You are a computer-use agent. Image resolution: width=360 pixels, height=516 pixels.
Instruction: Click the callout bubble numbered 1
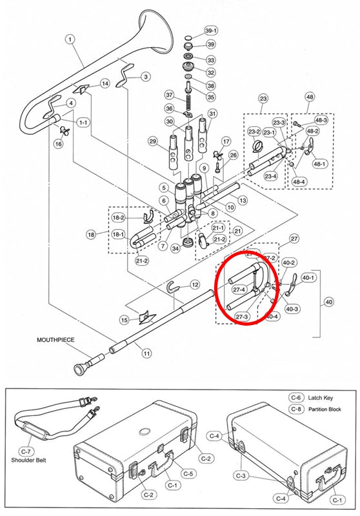coord(70,39)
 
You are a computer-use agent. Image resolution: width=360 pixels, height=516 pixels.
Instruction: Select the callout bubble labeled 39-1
coord(211,31)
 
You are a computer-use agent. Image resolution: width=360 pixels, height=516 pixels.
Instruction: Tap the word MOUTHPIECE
coord(55,340)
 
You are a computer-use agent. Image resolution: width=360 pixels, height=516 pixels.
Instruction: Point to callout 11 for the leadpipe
coord(146,353)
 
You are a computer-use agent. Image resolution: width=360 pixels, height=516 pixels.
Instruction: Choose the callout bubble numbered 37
coord(170,95)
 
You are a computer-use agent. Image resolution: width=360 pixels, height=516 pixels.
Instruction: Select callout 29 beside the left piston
coord(153,142)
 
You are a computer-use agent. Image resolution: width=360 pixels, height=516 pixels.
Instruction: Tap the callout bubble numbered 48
coord(310,97)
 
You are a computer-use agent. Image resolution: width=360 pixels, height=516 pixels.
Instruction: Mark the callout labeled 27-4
coord(239,290)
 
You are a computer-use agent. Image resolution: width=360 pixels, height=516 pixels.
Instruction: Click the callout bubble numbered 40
coord(329,302)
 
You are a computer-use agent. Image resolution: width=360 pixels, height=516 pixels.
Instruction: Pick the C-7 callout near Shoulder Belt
coord(26,451)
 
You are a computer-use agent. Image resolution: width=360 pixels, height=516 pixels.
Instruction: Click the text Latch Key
coord(321,398)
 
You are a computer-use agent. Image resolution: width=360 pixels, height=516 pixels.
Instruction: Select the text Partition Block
coord(325,410)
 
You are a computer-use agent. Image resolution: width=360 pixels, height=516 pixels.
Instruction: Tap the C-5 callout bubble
coord(188,473)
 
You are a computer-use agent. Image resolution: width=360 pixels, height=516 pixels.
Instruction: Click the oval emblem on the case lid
coord(145,431)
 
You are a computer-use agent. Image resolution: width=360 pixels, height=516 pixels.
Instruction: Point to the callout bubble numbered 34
coord(175,248)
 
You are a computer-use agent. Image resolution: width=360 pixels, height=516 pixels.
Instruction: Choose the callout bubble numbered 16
coord(59,144)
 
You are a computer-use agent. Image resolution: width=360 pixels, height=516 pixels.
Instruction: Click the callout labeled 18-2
coord(119,217)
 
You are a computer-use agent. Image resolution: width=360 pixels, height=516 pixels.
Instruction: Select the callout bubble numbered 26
coord(233,155)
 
